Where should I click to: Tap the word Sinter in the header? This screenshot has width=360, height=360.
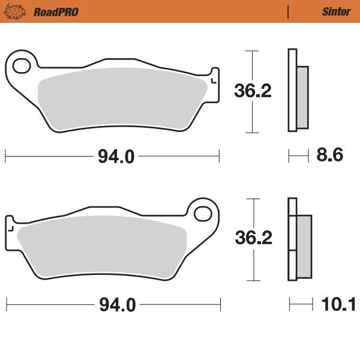click(x=336, y=11)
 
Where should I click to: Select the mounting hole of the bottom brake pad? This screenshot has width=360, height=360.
click(x=205, y=213)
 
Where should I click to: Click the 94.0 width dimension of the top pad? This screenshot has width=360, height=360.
click(x=115, y=157)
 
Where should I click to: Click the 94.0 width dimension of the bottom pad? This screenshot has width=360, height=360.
click(x=115, y=305)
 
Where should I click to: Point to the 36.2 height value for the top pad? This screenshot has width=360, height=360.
click(x=253, y=91)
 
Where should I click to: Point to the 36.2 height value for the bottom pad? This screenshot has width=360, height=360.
click(x=253, y=238)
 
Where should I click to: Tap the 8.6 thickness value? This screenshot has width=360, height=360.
click(x=329, y=156)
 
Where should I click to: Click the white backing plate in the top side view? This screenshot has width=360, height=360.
click(x=292, y=90)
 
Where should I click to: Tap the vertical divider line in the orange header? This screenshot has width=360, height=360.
click(x=289, y=11)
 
